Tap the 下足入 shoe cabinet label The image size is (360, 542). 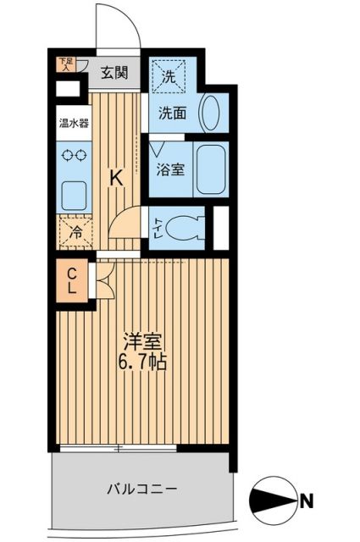65,64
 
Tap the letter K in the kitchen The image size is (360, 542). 118,178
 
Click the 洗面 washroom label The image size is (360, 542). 174,113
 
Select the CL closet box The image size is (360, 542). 72,280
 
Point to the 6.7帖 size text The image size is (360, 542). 141,365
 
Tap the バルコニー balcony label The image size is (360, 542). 141,489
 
